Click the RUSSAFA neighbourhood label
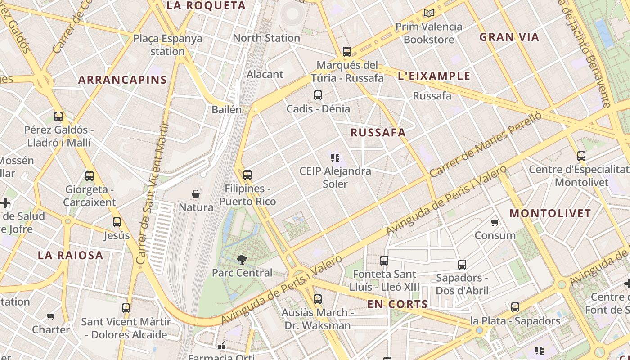coord(378,132)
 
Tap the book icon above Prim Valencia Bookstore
coord(428,13)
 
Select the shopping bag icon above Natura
coord(196,194)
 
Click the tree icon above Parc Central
coord(242,259)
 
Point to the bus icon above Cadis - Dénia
coord(318,95)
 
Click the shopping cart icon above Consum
coord(495,222)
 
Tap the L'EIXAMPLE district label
coord(434,76)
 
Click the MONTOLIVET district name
coord(550,213)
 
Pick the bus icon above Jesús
coord(117,222)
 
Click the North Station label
coord(266,38)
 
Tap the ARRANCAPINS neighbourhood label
coord(122,80)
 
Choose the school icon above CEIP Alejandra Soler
coord(335,158)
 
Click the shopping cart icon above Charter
coord(51,316)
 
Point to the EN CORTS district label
coord(397,304)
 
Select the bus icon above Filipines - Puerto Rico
coord(247,175)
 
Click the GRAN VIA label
coord(509,37)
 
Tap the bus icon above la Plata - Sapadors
coord(515,307)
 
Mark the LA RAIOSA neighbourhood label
coord(71,255)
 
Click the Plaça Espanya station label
coord(167,45)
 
